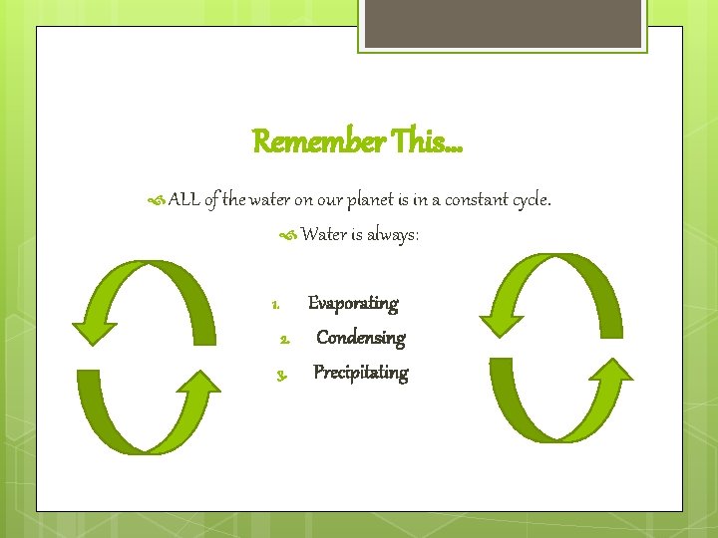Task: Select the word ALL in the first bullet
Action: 183,200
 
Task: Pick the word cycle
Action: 531,200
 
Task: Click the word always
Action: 395,235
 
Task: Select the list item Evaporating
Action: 353,303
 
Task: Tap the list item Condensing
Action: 360,338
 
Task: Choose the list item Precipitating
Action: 361,373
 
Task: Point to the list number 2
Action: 284,340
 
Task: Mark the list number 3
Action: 283,376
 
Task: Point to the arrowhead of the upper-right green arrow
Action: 501,318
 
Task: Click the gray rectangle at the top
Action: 504,23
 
